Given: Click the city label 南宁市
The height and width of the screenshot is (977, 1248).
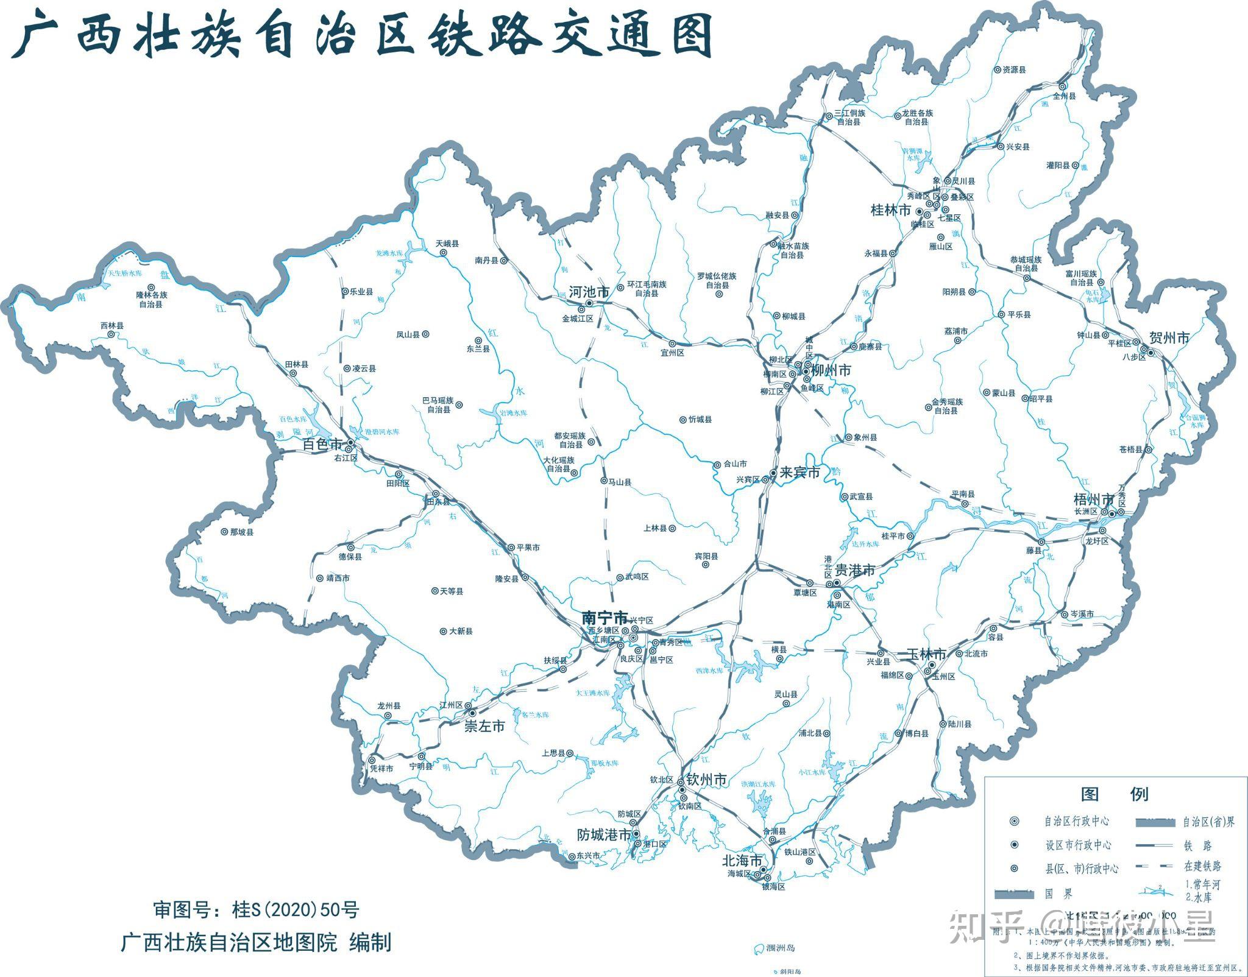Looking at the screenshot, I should pyautogui.click(x=604, y=616).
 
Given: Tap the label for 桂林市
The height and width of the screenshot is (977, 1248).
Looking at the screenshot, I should pyautogui.click(x=890, y=210).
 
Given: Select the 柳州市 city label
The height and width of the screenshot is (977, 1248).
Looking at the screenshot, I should pyautogui.click(x=831, y=370).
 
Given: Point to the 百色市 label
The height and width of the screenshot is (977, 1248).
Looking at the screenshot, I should pyautogui.click(x=322, y=445).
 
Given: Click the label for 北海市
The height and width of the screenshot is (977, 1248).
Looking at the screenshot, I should pyautogui.click(x=742, y=861).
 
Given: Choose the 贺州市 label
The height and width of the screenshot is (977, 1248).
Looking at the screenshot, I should pyautogui.click(x=1169, y=337).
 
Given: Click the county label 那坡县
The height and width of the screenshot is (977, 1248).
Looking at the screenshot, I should pyautogui.click(x=241, y=532).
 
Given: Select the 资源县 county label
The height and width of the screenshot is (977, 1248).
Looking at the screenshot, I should pyautogui.click(x=1014, y=69).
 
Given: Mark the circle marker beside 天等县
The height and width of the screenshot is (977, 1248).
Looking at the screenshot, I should pyautogui.click(x=434, y=591).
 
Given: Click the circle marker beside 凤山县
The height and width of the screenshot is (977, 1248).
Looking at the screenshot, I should pyautogui.click(x=426, y=334).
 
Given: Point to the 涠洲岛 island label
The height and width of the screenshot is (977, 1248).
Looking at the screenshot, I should pyautogui.click(x=781, y=948).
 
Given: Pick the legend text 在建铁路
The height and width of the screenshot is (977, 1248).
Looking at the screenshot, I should pyautogui.click(x=1203, y=866).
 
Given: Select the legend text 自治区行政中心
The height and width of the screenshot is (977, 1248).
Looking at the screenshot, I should pyautogui.click(x=1077, y=821).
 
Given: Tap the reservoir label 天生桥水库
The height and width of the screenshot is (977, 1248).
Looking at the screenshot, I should pyautogui.click(x=125, y=273).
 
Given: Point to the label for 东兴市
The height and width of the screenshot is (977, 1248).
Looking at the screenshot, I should pyautogui.click(x=588, y=856).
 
